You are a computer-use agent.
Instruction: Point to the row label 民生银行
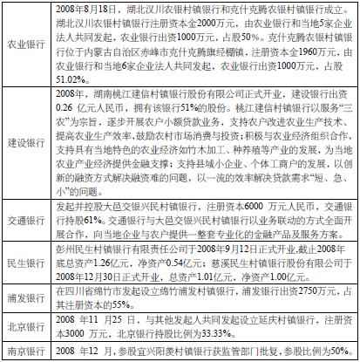[27, 263]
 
